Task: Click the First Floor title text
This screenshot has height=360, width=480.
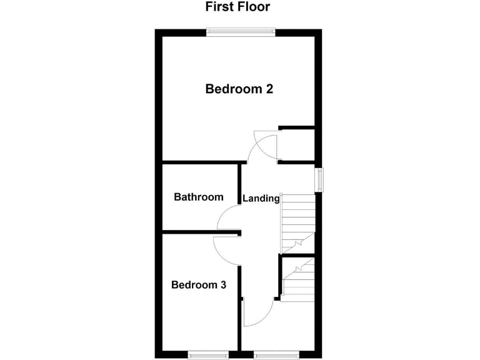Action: click(x=237, y=7)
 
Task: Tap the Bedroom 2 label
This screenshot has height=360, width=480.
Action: click(x=239, y=89)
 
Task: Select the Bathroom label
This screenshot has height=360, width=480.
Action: click(x=198, y=197)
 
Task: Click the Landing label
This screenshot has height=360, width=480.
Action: click(x=261, y=199)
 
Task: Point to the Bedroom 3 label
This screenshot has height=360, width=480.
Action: click(x=199, y=285)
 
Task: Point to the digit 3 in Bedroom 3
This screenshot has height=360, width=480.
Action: click(x=222, y=285)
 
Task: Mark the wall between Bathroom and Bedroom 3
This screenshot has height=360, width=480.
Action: click(x=200, y=234)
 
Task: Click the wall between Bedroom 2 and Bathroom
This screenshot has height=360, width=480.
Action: click(x=200, y=164)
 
